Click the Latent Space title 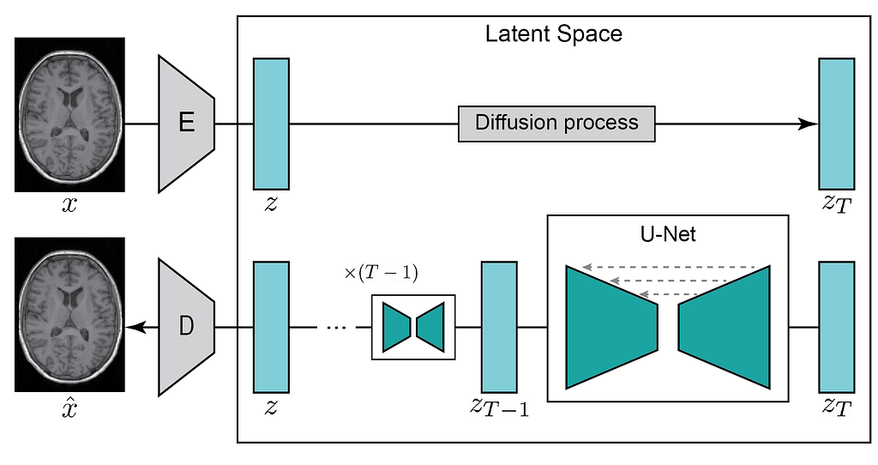pyautogui.click(x=553, y=34)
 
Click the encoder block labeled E pyautogui.click(x=187, y=124)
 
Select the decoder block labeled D pyautogui.click(x=187, y=327)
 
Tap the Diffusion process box pyautogui.click(x=556, y=124)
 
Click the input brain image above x pyautogui.click(x=69, y=115)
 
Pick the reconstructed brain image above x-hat pyautogui.click(x=69, y=315)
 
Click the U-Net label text pyautogui.click(x=667, y=234)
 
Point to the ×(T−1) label pyautogui.click(x=381, y=273)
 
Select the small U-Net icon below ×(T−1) pyautogui.click(x=413, y=327)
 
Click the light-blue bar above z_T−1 pyautogui.click(x=499, y=327)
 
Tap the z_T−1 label pyautogui.click(x=499, y=408)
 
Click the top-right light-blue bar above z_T pyautogui.click(x=837, y=124)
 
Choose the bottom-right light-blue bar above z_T pyautogui.click(x=837, y=327)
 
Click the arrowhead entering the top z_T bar pyautogui.click(x=809, y=124)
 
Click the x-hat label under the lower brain pyautogui.click(x=69, y=408)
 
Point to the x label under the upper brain pyautogui.click(x=69, y=205)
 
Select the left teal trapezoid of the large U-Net pyautogui.click(x=611, y=327)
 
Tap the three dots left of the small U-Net pyautogui.click(x=336, y=327)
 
